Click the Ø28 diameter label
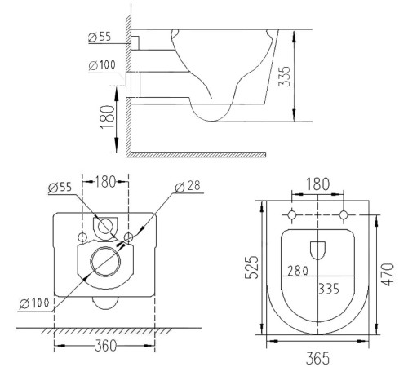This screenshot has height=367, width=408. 188,187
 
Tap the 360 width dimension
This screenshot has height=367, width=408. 105,346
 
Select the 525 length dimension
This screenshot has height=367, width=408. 251,268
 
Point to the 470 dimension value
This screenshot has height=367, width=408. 388,275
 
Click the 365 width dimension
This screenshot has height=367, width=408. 317,358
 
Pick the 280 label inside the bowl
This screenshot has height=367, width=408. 298,271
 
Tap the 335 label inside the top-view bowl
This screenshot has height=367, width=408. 329,289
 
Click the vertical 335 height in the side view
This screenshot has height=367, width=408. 285,76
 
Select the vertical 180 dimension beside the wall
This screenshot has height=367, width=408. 107,117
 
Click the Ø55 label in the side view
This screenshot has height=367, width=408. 100,37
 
